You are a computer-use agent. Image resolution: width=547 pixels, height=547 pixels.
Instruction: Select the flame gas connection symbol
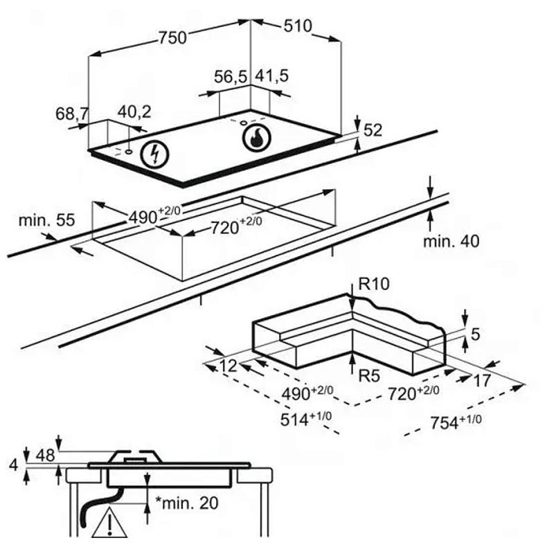pyautogui.click(x=256, y=137)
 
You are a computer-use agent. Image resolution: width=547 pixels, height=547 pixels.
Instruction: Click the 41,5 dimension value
pyautogui.click(x=272, y=77)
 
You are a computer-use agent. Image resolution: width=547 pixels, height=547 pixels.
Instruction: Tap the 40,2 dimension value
pyautogui.click(x=134, y=111)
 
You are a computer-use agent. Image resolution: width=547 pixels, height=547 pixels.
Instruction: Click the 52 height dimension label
pyautogui.click(x=373, y=129)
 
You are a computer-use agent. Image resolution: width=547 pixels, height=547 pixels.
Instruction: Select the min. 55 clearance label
pyautogui.click(x=46, y=221)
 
